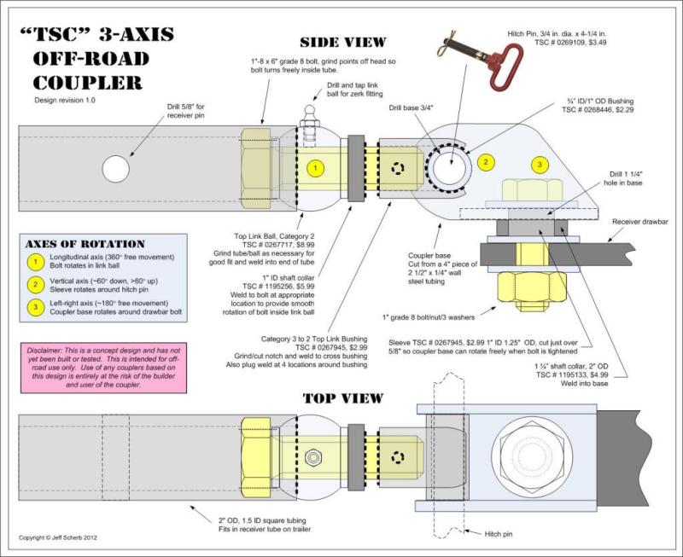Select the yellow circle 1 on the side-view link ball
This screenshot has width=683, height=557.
click(x=315, y=168)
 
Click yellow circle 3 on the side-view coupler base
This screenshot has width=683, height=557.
click(x=539, y=164)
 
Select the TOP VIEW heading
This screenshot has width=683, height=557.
click(x=343, y=398)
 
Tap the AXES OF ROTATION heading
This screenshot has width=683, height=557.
click(x=85, y=244)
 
